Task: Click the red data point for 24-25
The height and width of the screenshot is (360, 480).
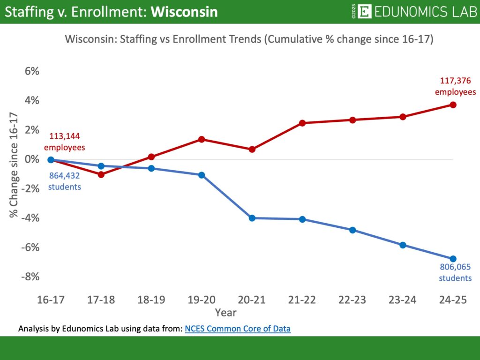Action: [453, 105]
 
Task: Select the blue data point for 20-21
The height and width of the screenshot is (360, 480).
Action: [252, 218]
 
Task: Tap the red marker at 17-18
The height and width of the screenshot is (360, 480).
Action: [101, 174]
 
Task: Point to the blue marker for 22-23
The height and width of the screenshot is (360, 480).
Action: [352, 230]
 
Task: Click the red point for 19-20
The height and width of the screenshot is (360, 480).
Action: [202, 139]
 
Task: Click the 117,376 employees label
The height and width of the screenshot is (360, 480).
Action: [455, 86]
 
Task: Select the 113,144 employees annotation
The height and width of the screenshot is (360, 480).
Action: [65, 142]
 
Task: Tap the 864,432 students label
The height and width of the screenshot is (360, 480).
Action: [65, 182]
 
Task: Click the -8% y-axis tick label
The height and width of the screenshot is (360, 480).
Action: [30, 277]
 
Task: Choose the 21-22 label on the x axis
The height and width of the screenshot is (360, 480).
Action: [302, 300]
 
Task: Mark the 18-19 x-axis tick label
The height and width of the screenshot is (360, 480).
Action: [151, 300]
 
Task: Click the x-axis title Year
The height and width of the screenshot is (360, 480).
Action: [226, 312]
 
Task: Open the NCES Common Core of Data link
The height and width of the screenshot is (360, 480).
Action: [238, 329]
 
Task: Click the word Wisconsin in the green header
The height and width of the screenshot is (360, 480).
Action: [184, 12]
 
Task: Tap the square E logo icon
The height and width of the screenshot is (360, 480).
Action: [364, 11]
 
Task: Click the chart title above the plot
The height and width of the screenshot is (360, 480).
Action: [249, 39]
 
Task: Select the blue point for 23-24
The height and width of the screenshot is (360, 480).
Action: [403, 245]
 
